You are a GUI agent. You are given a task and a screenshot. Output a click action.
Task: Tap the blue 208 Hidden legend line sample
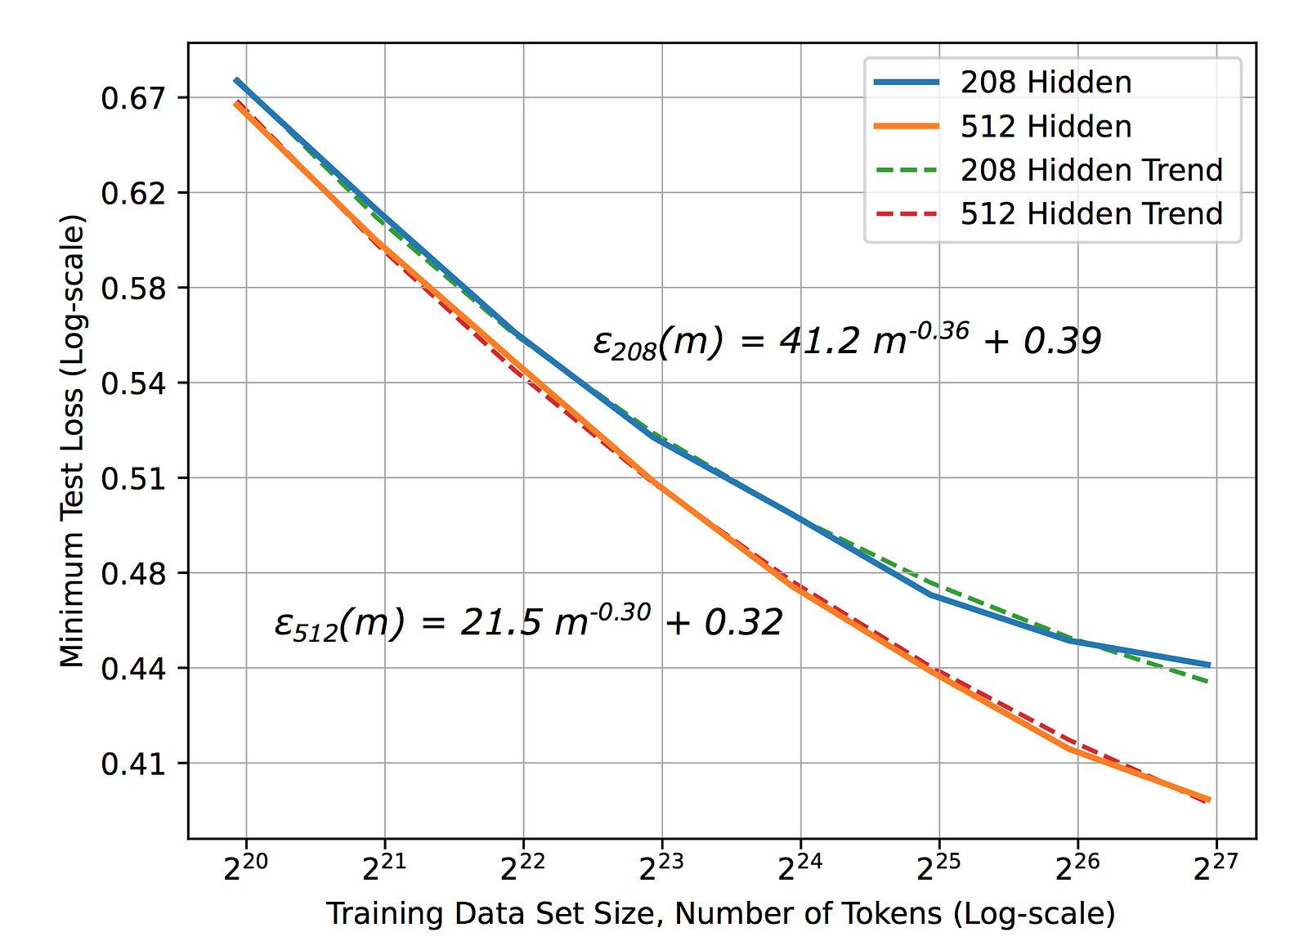coord(907,82)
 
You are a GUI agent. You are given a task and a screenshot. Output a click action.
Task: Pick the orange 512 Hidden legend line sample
coord(907,126)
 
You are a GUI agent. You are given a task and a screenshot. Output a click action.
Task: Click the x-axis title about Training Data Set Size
coord(720,913)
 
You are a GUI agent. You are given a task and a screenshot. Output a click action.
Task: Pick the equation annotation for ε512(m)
coord(528,624)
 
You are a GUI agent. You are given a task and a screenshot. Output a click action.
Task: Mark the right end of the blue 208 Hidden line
coord(1208,665)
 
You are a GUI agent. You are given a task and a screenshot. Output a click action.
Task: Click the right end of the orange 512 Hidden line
coord(1208,800)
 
